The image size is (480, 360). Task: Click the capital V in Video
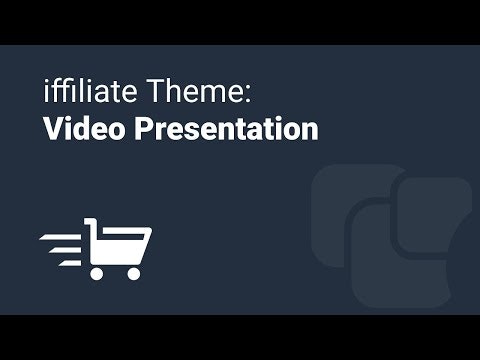[x=53, y=130]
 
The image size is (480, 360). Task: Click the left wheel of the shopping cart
[x=97, y=272]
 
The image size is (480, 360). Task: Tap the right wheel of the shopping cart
[x=134, y=272]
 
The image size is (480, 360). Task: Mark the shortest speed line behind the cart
[x=72, y=262]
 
